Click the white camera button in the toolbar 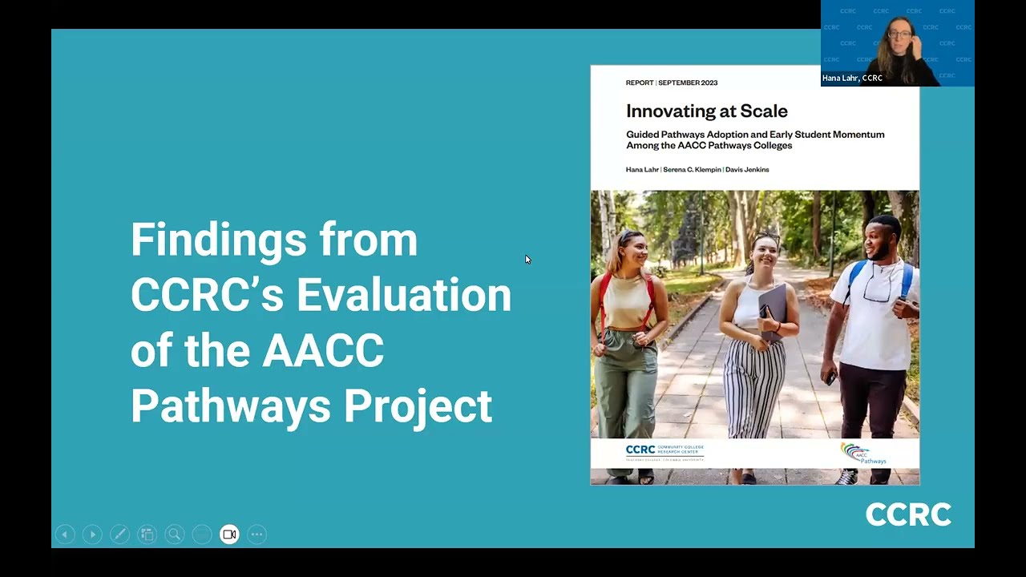coord(229,535)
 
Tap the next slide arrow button coord(92,535)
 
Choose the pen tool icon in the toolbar coord(119,535)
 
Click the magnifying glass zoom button coord(175,535)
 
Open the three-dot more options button coord(256,535)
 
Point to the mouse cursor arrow coord(527,259)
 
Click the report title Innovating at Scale coord(706,111)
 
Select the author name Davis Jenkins coord(747,170)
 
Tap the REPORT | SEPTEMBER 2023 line coord(671,83)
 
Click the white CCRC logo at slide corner coord(908,514)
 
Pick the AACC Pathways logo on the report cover coord(864,454)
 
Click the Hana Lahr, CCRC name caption coord(852,79)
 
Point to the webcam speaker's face coord(899,35)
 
